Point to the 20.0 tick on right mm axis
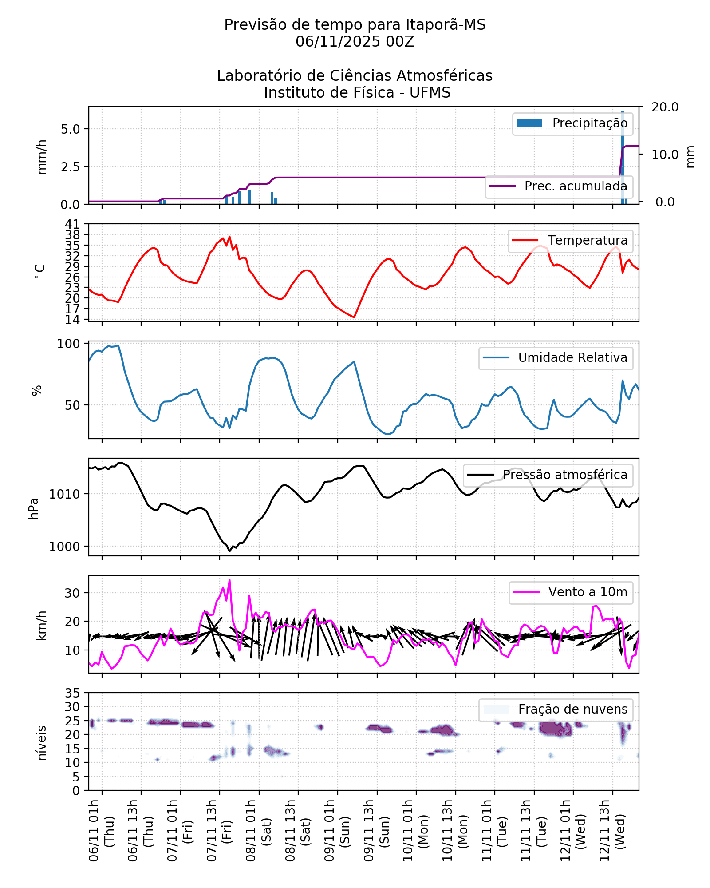pos(664,107)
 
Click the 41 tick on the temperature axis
pos(72,224)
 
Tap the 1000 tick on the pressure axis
pos(65,547)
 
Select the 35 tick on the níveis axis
pos(72,693)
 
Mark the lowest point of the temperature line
pos(354,317)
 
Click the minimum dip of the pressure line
pos(229,551)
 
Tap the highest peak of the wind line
pos(229,580)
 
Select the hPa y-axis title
pos(34,508)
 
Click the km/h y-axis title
pos(41,625)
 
